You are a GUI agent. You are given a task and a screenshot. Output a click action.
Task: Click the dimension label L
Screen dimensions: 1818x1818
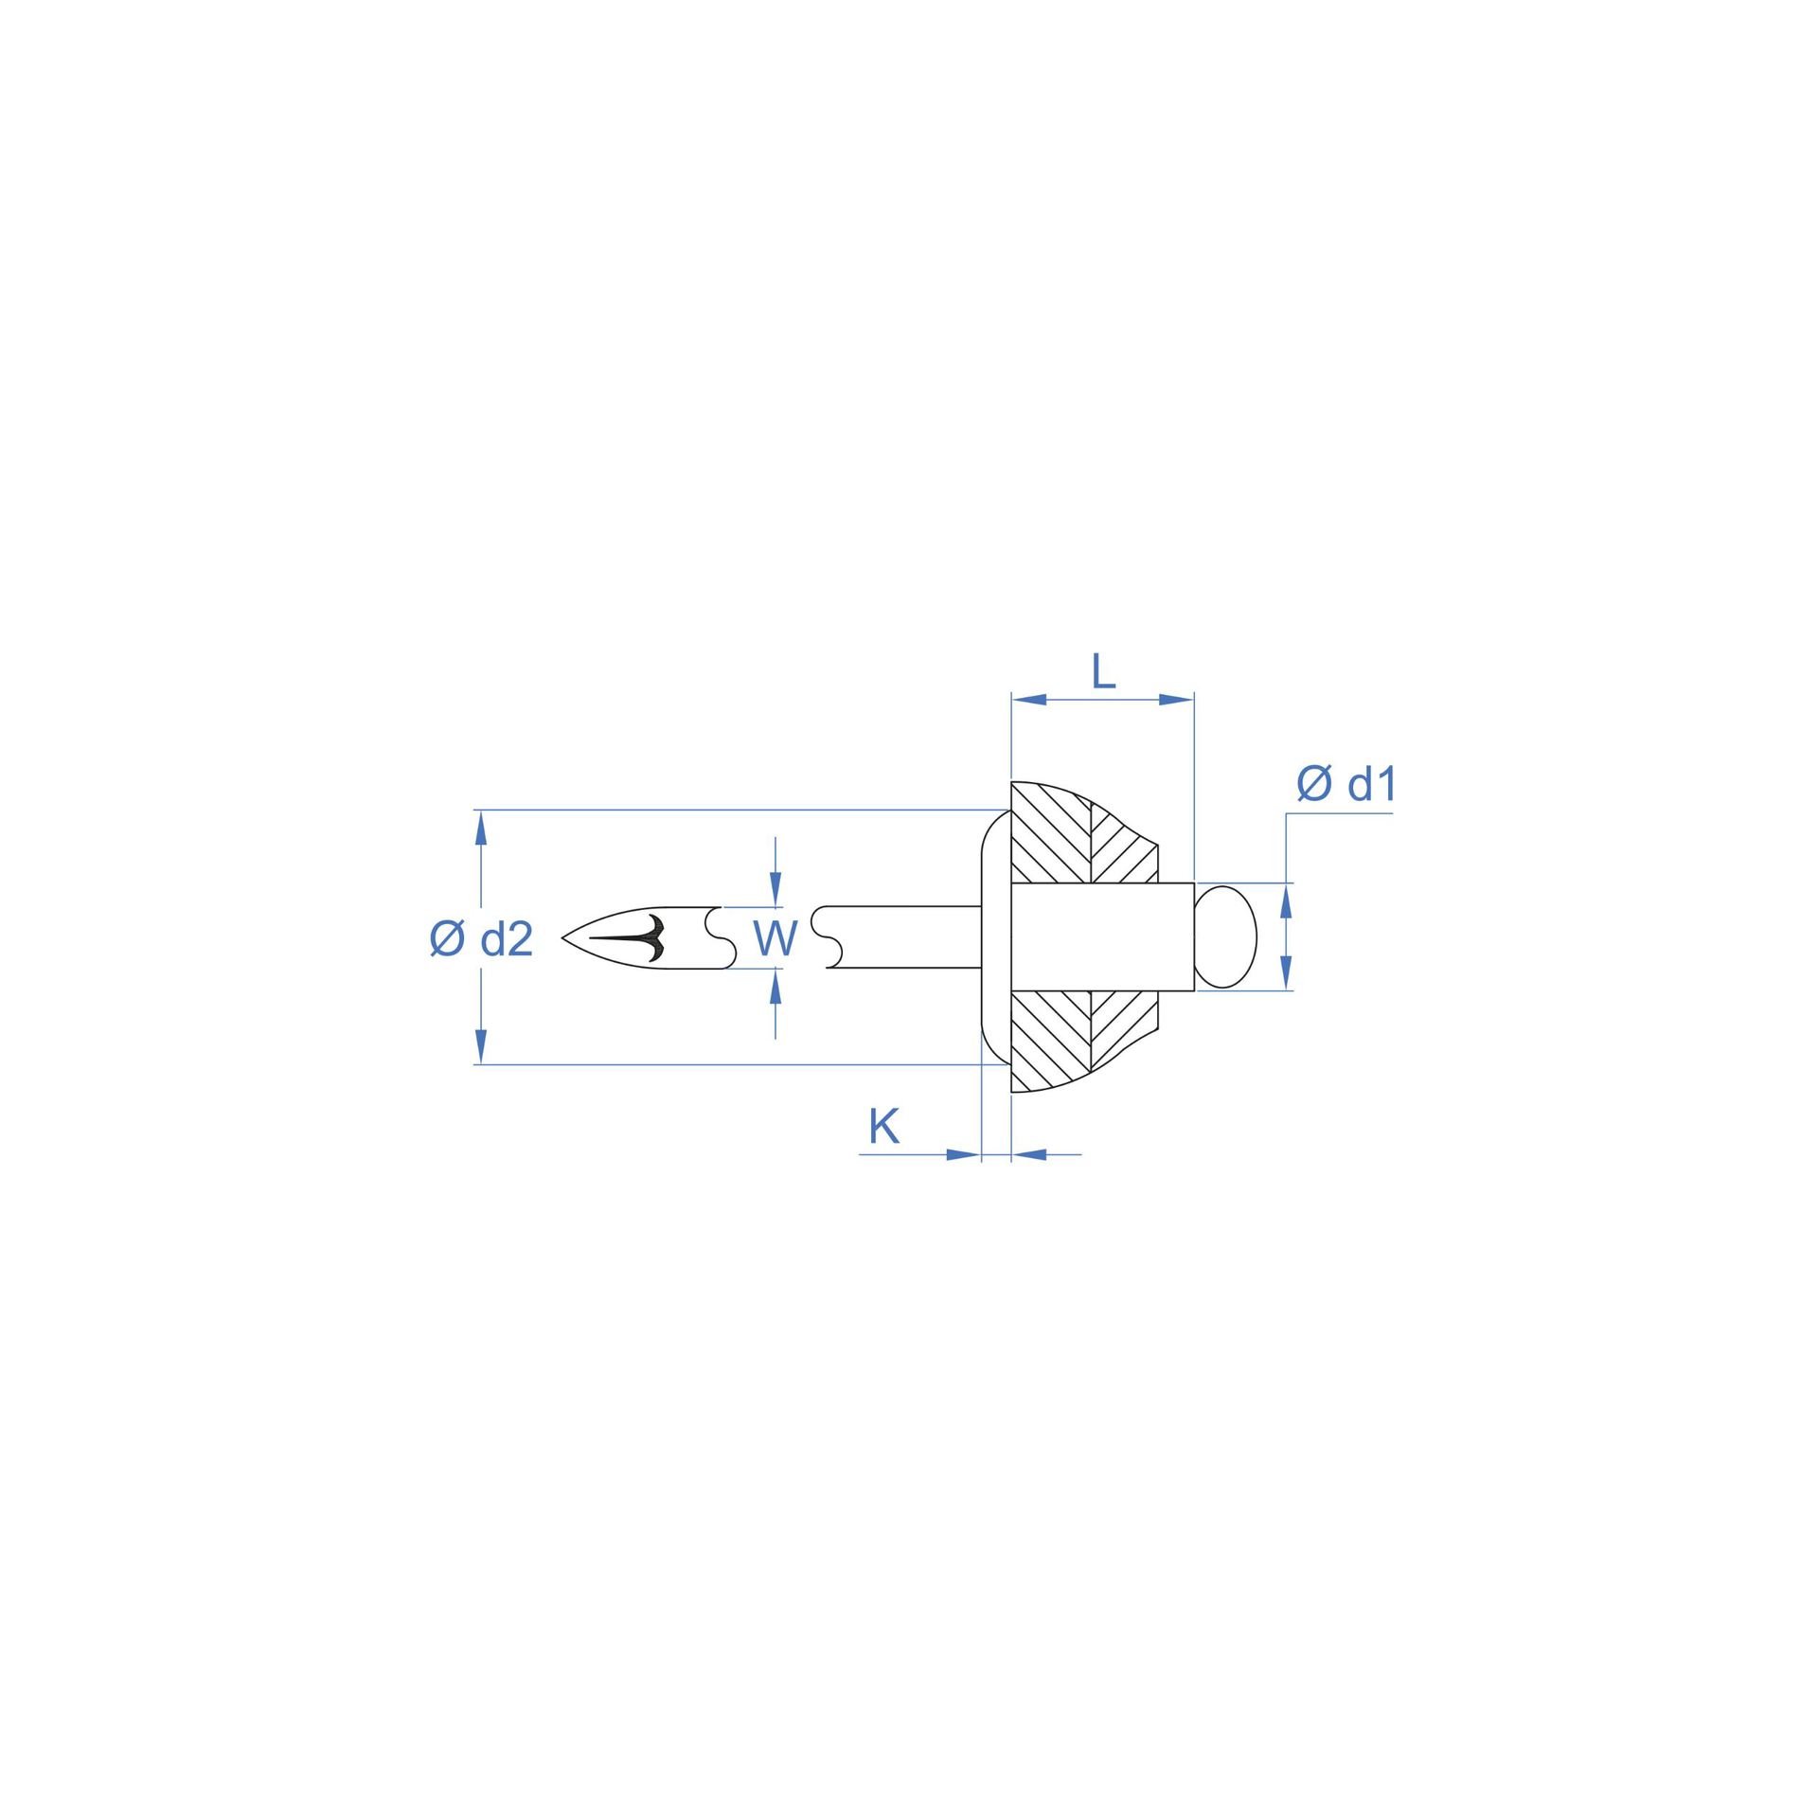(x=1104, y=672)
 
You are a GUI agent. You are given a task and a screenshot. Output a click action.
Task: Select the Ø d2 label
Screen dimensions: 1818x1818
(x=481, y=939)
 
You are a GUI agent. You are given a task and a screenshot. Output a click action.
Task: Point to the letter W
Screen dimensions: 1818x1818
(x=775, y=938)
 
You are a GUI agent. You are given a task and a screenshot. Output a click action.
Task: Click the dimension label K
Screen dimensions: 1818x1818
(x=883, y=1127)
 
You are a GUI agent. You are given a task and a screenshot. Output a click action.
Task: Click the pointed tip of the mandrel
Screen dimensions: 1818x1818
(x=562, y=938)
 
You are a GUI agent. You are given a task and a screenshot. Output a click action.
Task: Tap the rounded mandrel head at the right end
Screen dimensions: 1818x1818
(x=1226, y=936)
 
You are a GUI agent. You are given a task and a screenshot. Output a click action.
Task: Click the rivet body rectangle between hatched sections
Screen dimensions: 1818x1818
(x=1102, y=936)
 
